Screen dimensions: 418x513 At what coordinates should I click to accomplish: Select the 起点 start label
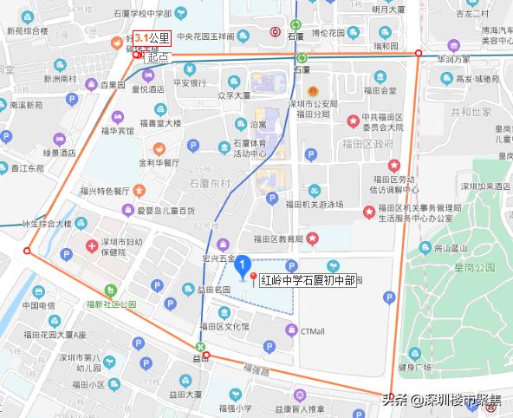[157, 57]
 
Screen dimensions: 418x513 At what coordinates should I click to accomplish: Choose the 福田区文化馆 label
[224, 326]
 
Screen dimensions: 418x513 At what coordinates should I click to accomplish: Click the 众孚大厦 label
[234, 97]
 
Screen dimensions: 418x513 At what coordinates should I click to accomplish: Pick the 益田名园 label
[211, 288]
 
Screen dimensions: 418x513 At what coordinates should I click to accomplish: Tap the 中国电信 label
[39, 305]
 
